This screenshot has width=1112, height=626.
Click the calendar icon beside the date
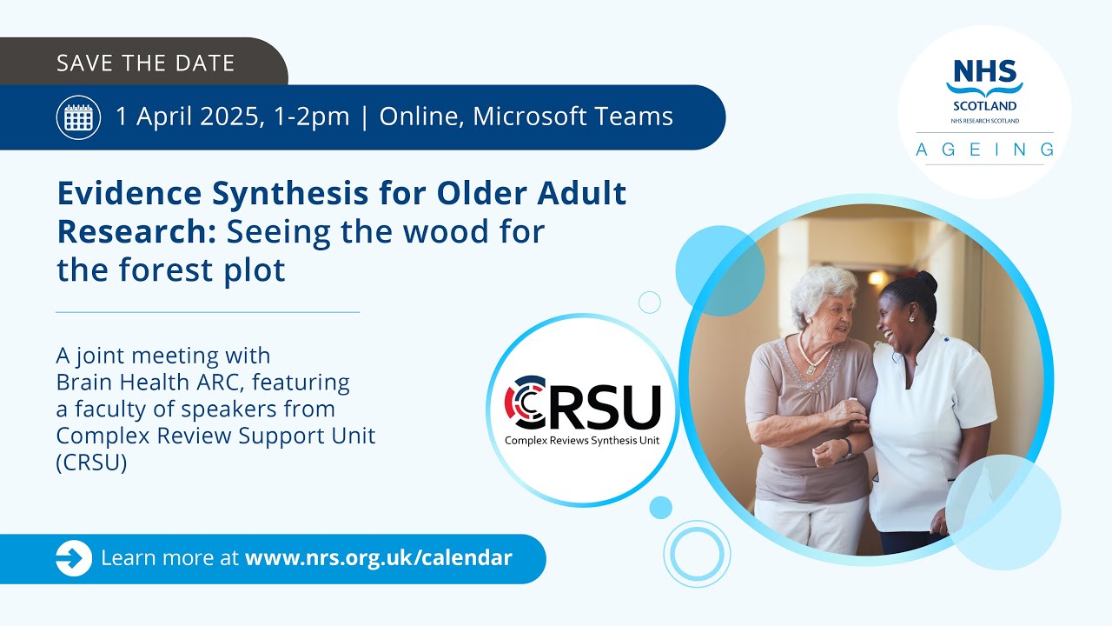click(78, 117)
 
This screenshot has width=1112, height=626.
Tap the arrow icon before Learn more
click(74, 558)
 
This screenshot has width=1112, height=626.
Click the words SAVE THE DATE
click(145, 63)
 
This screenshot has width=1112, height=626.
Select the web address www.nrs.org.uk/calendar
click(379, 558)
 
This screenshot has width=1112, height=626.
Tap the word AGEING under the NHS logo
click(984, 150)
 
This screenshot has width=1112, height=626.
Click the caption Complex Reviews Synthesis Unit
click(582, 441)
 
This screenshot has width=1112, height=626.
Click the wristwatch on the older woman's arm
click(846, 447)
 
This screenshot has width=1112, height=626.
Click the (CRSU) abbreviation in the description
click(91, 463)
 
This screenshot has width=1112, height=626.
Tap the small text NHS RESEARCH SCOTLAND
click(984, 121)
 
